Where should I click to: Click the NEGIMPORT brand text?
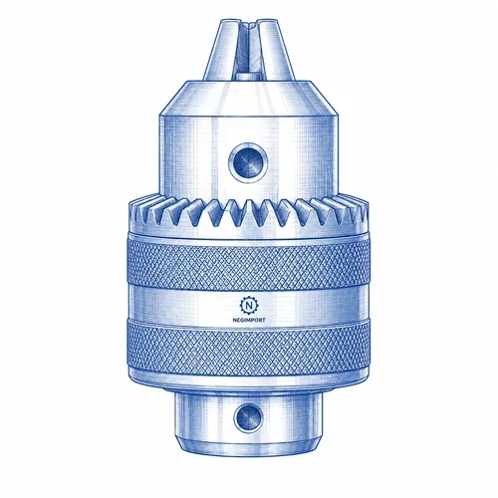[x=249, y=320]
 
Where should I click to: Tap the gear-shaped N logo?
[x=249, y=306]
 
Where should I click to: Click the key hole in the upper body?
[x=248, y=162]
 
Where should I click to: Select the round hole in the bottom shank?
[x=249, y=417]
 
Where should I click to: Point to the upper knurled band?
[x=248, y=262]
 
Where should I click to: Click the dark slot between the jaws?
[x=249, y=50]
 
